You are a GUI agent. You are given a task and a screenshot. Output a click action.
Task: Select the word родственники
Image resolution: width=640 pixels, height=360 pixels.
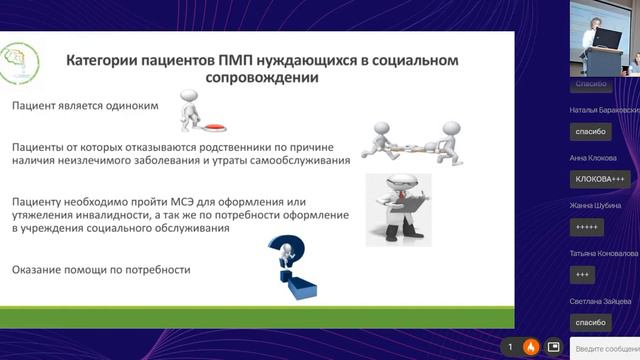point(262,147)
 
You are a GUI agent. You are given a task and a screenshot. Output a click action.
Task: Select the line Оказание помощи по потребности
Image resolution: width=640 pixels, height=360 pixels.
point(100,270)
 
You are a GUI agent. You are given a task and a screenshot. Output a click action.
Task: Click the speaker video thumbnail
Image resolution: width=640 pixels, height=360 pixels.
point(604,39)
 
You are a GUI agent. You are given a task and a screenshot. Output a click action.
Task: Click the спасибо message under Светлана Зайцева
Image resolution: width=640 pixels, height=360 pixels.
point(590,322)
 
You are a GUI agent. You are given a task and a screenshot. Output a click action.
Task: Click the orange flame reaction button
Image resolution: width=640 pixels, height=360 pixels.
point(531,347)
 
